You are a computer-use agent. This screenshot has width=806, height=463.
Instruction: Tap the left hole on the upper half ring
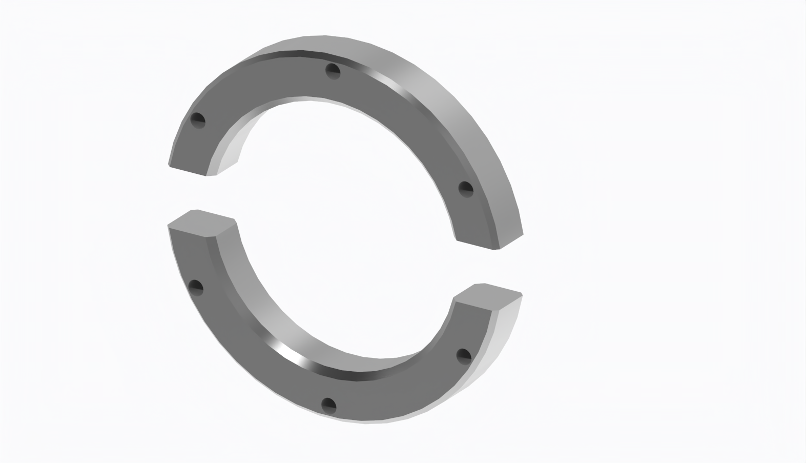pyautogui.click(x=198, y=120)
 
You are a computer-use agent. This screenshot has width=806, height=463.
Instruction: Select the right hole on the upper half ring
pyautogui.click(x=465, y=189)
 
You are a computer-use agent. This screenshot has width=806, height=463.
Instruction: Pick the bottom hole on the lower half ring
pyautogui.click(x=328, y=405)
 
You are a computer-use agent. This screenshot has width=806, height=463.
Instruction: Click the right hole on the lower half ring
pyautogui.click(x=463, y=355)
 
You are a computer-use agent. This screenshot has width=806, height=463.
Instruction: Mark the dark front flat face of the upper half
pyautogui.click(x=266, y=82)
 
